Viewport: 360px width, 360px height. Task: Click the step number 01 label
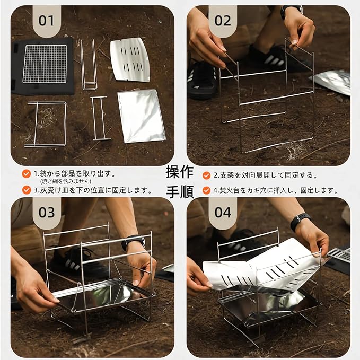(x=46, y=21)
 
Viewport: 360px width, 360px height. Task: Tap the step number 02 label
(x=223, y=21)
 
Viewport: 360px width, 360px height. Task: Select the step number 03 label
(x=47, y=213)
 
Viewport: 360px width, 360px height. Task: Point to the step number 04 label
(x=223, y=213)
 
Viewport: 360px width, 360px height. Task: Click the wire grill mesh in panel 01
(x=45, y=64)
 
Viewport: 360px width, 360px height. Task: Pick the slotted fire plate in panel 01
(x=130, y=60)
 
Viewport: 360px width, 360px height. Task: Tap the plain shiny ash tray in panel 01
(x=142, y=116)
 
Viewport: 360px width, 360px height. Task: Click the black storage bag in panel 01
(x=43, y=66)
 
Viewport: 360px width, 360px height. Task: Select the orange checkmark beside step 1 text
(x=27, y=174)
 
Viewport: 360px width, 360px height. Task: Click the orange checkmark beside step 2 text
(x=206, y=175)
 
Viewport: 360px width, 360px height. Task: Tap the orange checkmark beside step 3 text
(x=27, y=190)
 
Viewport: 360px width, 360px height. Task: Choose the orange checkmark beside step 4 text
(x=206, y=190)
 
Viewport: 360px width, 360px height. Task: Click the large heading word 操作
(x=180, y=172)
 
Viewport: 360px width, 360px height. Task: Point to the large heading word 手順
(x=180, y=192)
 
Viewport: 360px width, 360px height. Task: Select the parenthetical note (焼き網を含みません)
(x=65, y=181)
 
